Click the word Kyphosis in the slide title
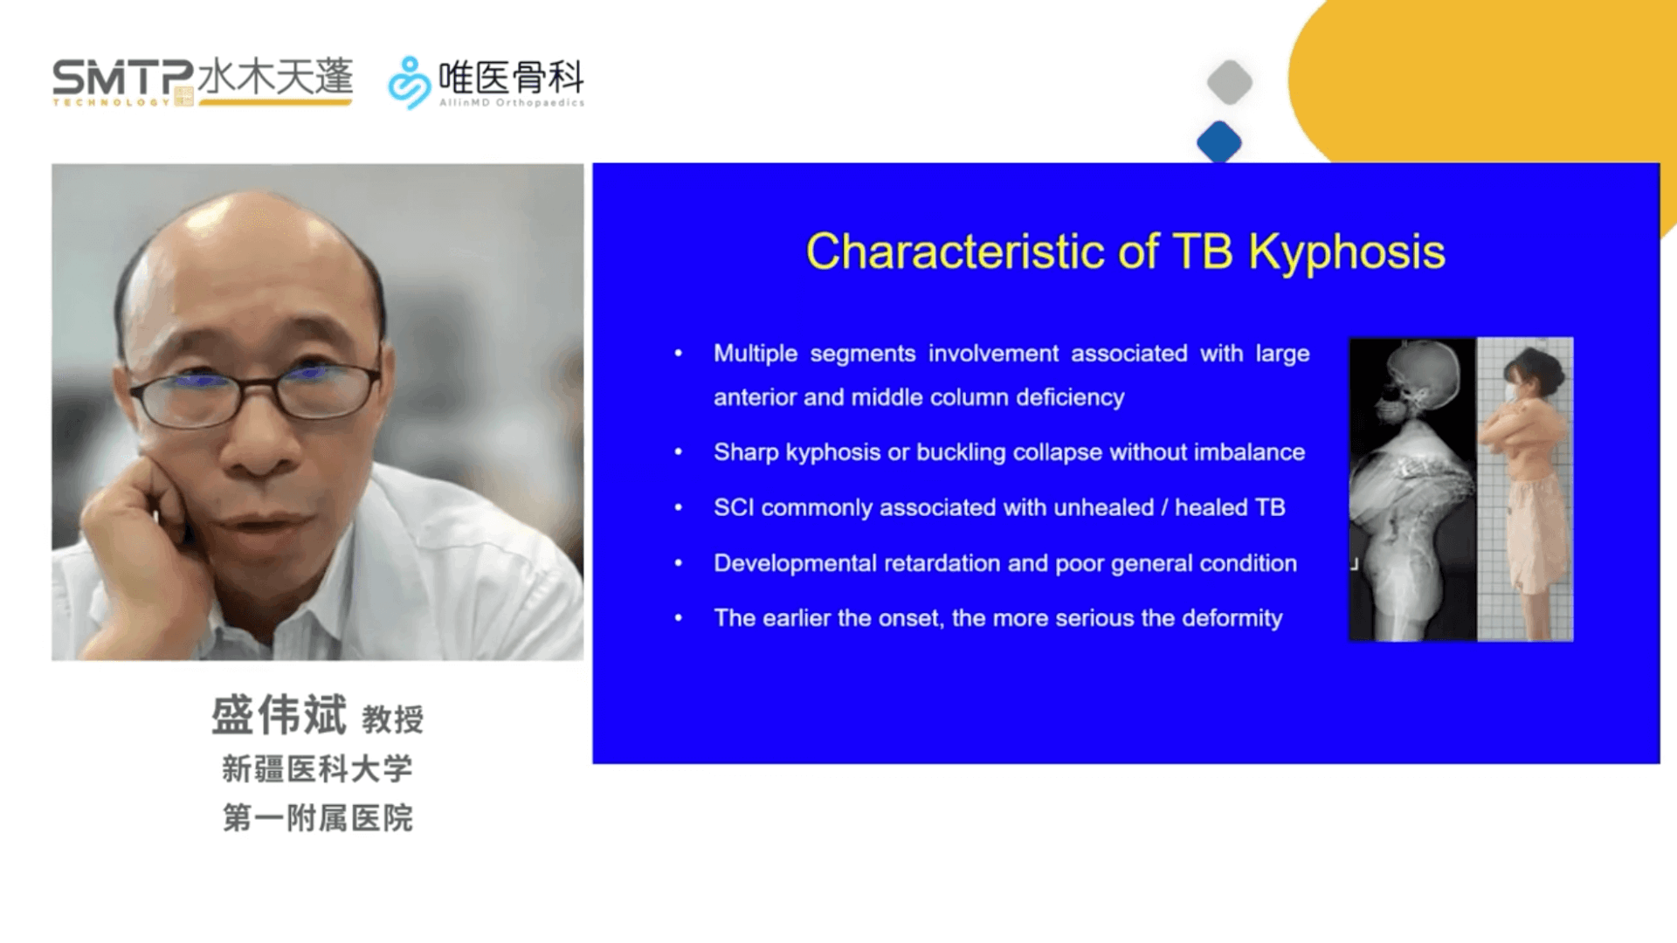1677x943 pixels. [x=1346, y=252]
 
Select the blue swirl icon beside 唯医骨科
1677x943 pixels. [x=409, y=83]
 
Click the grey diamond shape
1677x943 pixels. [x=1230, y=83]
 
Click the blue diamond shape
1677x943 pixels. [x=1219, y=142]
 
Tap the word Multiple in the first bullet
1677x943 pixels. [x=756, y=354]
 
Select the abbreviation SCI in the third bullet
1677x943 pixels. [x=734, y=507]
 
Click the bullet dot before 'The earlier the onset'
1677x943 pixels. [x=679, y=618]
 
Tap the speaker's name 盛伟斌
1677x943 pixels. [x=279, y=715]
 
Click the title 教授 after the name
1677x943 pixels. [x=393, y=719]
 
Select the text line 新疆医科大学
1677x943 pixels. [x=317, y=769]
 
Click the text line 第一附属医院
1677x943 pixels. [x=317, y=818]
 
